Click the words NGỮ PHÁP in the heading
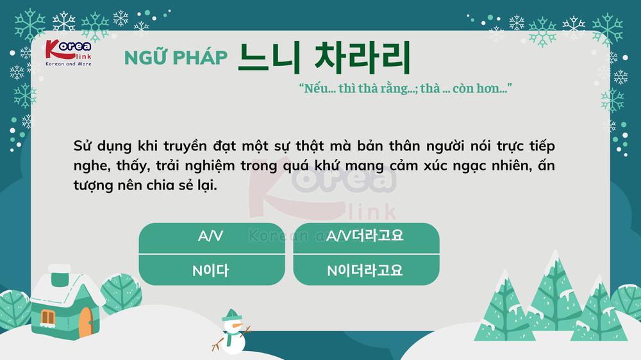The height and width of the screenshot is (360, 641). coord(176,58)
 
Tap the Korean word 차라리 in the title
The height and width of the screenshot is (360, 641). coord(362,57)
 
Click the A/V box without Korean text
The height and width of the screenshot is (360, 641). coord(212,237)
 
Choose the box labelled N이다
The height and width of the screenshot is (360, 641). coord(212,270)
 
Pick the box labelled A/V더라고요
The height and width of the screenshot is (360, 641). coord(366,237)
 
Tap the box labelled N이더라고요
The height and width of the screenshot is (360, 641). coord(366,270)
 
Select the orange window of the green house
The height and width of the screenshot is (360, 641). coord(49,316)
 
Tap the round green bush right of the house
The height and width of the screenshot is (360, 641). coord(122,296)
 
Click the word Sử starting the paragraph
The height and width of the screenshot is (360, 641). coord(83,145)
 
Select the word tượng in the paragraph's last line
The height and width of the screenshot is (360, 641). coord(92,185)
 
